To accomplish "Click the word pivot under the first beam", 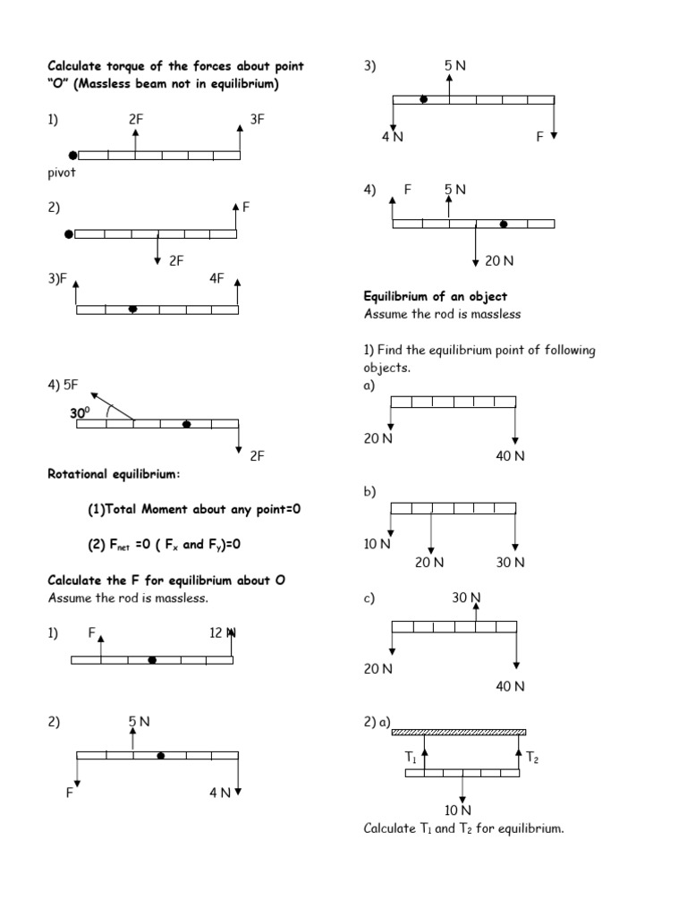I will pos(61,173).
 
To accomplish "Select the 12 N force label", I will pos(221,632).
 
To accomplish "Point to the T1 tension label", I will pos(411,758).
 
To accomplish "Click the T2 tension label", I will pos(532,758).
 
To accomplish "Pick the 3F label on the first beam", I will pos(257,118).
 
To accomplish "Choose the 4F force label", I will pos(216,278).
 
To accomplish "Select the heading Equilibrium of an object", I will pos(435,296).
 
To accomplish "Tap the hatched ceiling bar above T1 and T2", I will pos(458,731).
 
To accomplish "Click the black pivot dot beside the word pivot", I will pos(72,155).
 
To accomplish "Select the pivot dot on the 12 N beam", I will pos(152,660).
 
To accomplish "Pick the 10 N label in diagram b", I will pos(377,544).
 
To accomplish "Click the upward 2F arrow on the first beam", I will pos(135,140).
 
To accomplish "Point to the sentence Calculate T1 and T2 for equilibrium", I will pos(463,829).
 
